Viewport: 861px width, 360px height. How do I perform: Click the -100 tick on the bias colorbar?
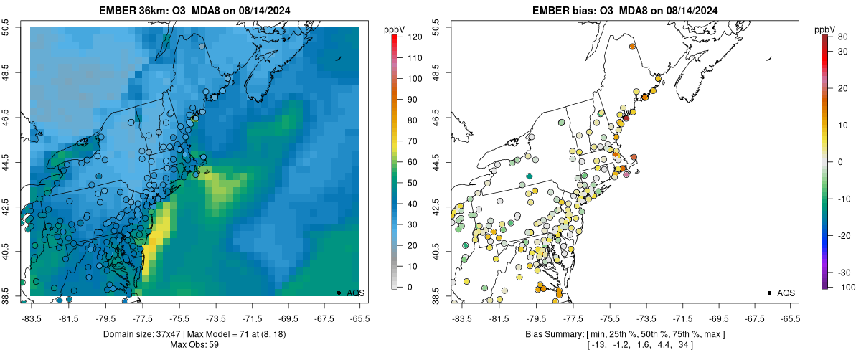click(x=844, y=287)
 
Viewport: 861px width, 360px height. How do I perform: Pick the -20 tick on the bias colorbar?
click(x=844, y=236)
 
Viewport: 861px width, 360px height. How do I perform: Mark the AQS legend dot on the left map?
click(x=339, y=293)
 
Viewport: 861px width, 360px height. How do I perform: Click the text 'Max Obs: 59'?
click(x=195, y=345)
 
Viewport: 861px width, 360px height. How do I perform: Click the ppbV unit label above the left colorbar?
click(x=394, y=29)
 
